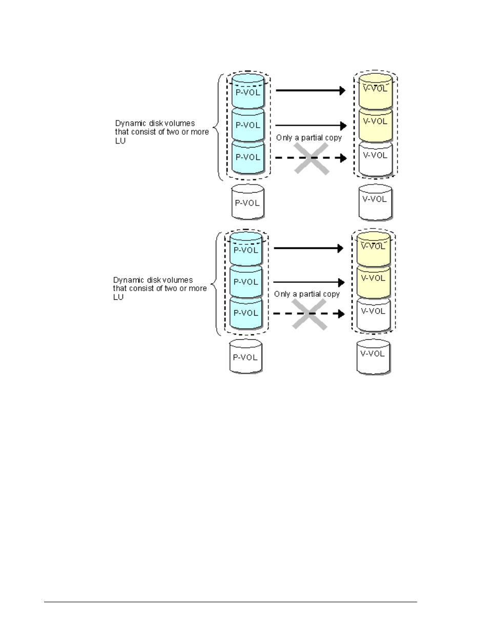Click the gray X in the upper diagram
tap(312, 159)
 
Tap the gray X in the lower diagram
tap(309, 314)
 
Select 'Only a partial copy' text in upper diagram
tap(309, 138)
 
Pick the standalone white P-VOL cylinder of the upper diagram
tap(248, 201)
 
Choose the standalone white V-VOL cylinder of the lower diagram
tap(374, 357)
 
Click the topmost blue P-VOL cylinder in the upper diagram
tap(248, 91)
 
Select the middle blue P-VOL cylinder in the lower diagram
tap(246, 282)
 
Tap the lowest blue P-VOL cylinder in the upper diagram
tap(248, 157)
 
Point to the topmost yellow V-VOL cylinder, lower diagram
tap(374, 249)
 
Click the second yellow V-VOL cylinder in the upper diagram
tap(376, 125)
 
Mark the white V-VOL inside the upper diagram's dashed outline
tap(376, 159)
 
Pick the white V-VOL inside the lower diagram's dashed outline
tap(374, 315)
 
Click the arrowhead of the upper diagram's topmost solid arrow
tap(342, 91)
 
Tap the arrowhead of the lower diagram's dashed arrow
tap(341, 314)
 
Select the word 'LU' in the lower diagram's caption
tap(118, 297)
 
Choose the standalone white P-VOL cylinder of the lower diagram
tap(246, 356)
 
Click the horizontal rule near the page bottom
tap(230, 602)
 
